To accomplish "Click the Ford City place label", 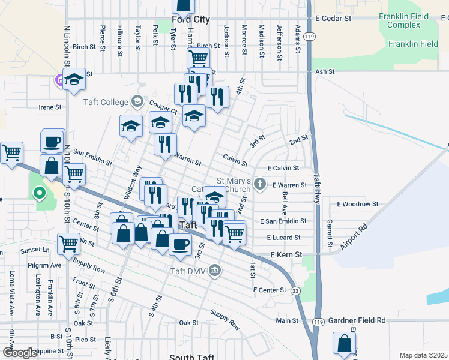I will [191, 19].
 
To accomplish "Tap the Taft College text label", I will [106, 102].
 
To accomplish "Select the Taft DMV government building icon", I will [215, 272].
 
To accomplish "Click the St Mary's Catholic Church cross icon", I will [259, 184].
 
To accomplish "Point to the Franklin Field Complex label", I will [403, 21].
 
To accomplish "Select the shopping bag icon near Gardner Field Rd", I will [344, 344].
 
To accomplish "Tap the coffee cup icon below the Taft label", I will [180, 244].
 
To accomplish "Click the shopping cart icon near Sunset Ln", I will [69, 243].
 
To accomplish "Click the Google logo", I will [19, 353].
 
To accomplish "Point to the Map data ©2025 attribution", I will [423, 355].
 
